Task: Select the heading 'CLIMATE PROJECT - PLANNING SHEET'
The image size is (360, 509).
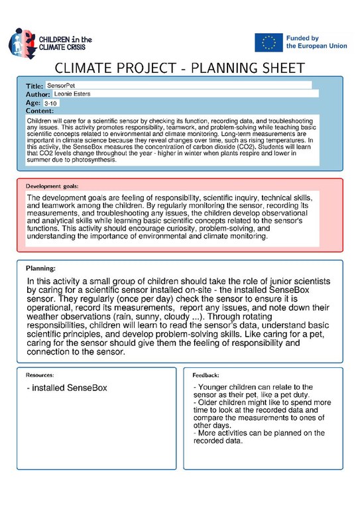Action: coord(180,68)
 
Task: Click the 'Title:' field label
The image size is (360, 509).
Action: coord(34,87)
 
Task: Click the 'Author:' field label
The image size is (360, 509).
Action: coord(38,95)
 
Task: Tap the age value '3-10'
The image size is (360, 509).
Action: coord(50,103)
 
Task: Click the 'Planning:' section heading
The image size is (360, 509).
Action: coord(40,268)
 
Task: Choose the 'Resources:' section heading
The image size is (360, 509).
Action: coord(40,375)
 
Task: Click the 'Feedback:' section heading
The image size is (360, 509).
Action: coord(206,375)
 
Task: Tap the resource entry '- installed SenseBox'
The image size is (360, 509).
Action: coord(67,387)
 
